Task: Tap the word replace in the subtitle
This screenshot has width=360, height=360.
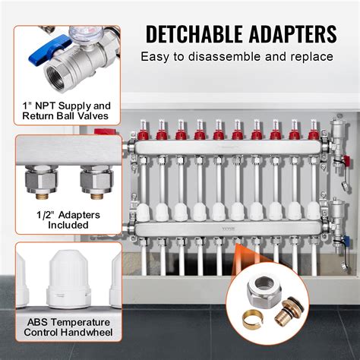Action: (313, 57)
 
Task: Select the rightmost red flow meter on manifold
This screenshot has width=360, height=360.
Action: (313, 134)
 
